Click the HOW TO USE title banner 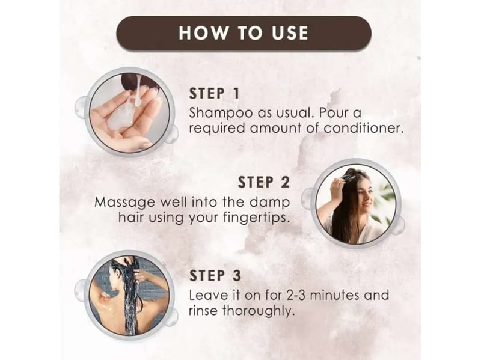point(244,34)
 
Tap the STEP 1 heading point(214,94)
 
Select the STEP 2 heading point(264,182)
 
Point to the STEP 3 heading point(215,275)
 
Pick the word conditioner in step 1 point(364,128)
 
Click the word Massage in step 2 point(125,203)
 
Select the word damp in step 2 point(270,203)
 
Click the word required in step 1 point(217,129)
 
